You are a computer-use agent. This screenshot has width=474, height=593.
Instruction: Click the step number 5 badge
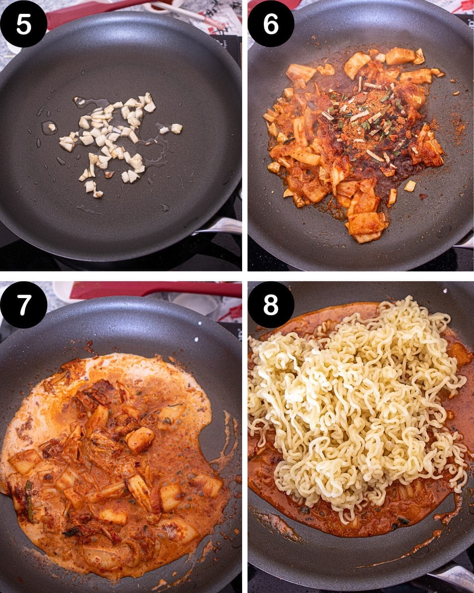pos(24,24)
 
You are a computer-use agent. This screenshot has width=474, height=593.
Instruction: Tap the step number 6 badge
pos(271,24)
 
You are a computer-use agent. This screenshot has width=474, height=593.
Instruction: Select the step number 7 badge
pos(24,305)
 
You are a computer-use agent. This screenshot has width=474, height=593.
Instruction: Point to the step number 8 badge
pos(271,305)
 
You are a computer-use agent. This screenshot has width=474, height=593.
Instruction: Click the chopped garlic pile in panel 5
pos(116,143)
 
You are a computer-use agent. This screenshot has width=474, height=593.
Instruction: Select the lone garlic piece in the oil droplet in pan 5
pos(51,127)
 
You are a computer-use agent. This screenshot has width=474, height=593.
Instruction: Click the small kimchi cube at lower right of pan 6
pos(410,186)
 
